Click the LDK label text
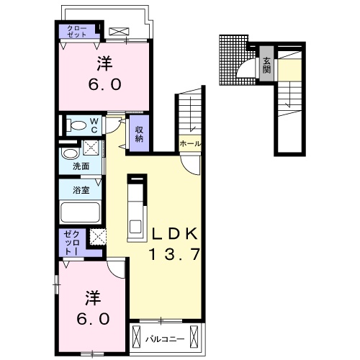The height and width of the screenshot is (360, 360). pos(175,233)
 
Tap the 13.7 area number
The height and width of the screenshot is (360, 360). pos(175,254)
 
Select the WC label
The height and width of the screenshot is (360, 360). pos(94,125)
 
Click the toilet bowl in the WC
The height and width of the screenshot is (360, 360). pos(76,125)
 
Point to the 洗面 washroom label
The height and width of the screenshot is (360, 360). pos(81,166)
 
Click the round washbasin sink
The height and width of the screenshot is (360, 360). pos(71,153)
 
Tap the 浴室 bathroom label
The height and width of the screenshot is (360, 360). pos(81,190)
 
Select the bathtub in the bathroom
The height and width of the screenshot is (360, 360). pos(81,212)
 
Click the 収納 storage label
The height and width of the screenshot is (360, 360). pos(139,134)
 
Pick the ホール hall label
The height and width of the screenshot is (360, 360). pos(190,144)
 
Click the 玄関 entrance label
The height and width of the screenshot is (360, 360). pos(266,66)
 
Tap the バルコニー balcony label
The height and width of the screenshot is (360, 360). pos(166,339)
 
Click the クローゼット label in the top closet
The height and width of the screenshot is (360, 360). pos(77,32)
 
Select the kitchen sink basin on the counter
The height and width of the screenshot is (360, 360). pos(135,226)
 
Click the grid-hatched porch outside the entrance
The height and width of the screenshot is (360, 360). pos(233,60)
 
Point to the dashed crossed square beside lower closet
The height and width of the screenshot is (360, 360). pos(98,237)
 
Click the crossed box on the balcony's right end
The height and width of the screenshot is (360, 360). pos(194,335)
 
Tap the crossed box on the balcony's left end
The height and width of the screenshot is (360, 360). pos(136,335)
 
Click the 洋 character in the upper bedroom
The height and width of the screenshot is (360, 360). pos(105,63)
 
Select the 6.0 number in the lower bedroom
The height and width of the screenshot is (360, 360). pos(93,318)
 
